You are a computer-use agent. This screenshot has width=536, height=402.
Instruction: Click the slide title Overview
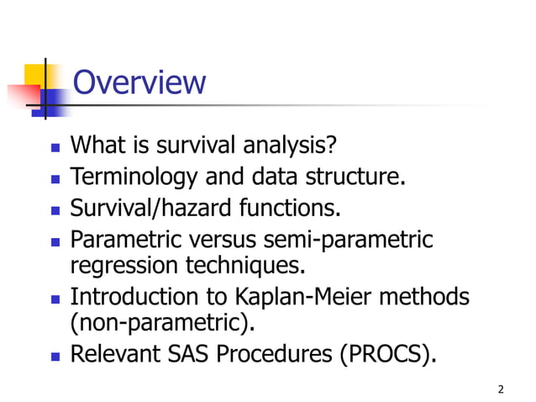(139, 83)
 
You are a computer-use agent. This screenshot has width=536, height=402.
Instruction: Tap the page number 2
(501, 389)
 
